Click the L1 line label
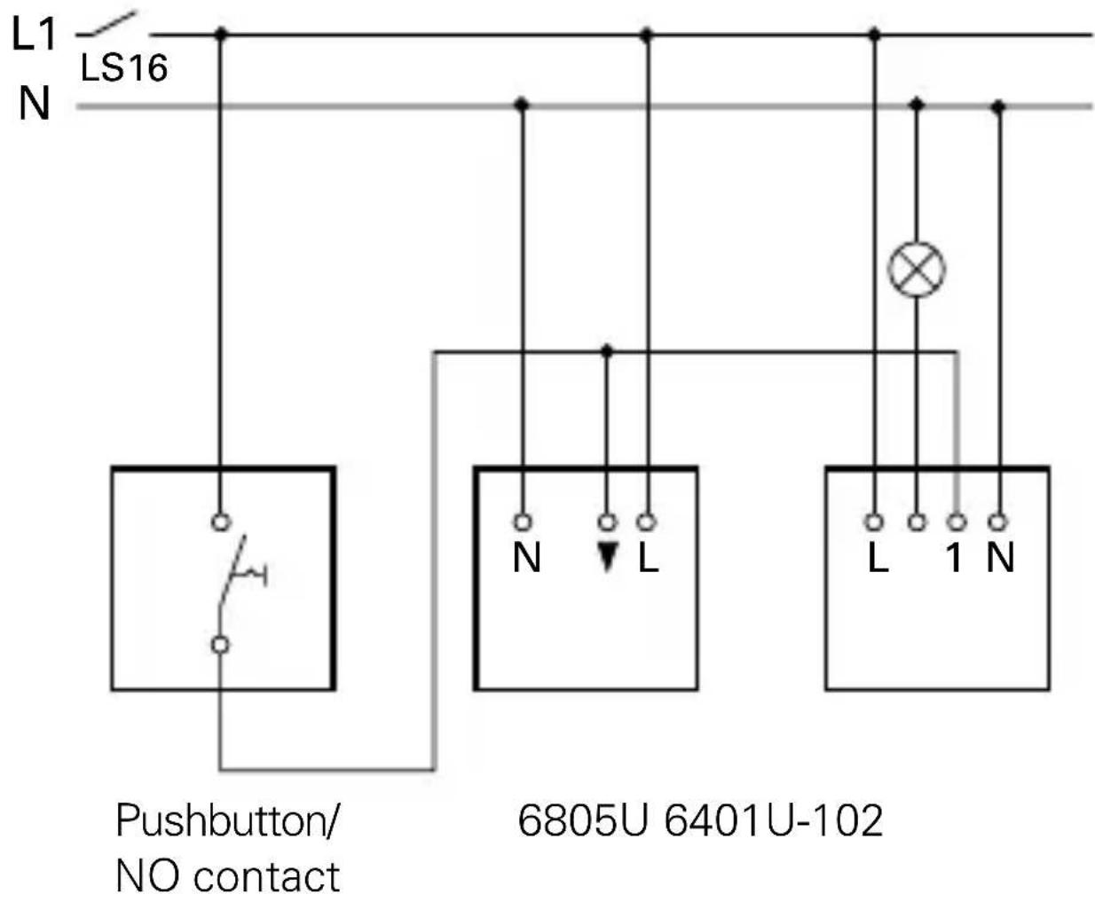point(34,35)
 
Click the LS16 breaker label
point(124,67)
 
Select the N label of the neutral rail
point(34,105)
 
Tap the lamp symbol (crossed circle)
point(917,270)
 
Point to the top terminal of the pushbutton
point(221,522)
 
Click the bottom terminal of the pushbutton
point(221,645)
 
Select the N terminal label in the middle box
point(526,558)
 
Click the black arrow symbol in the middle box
point(607,556)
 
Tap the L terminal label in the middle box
point(649,558)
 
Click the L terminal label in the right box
point(877,558)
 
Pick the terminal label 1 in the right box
point(954,558)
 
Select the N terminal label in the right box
point(1000,558)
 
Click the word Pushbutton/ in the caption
point(227,821)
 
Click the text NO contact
point(227,876)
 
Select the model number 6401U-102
point(774,821)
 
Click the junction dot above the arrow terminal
point(607,351)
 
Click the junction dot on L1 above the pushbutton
point(221,35)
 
